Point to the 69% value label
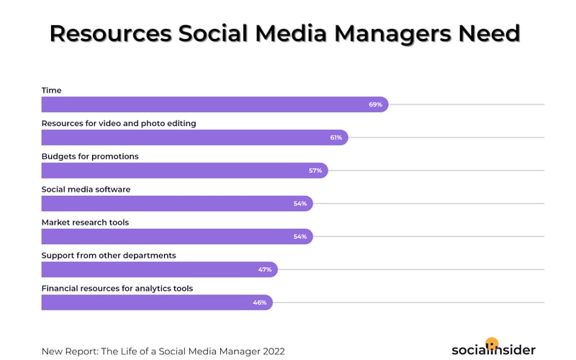[x=375, y=104]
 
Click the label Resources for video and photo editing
[x=119, y=123]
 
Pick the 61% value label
[x=336, y=138]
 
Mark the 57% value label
[x=315, y=171]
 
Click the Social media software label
[x=86, y=189]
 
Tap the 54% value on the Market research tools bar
[x=300, y=236]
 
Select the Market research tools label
[x=85, y=222]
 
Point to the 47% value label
[x=265, y=269]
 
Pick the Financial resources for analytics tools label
[x=117, y=288]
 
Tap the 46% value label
[x=260, y=302]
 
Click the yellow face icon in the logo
[x=492, y=343]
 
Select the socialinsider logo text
[x=493, y=351]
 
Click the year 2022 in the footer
[x=271, y=351]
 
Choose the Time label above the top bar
[x=51, y=90]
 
